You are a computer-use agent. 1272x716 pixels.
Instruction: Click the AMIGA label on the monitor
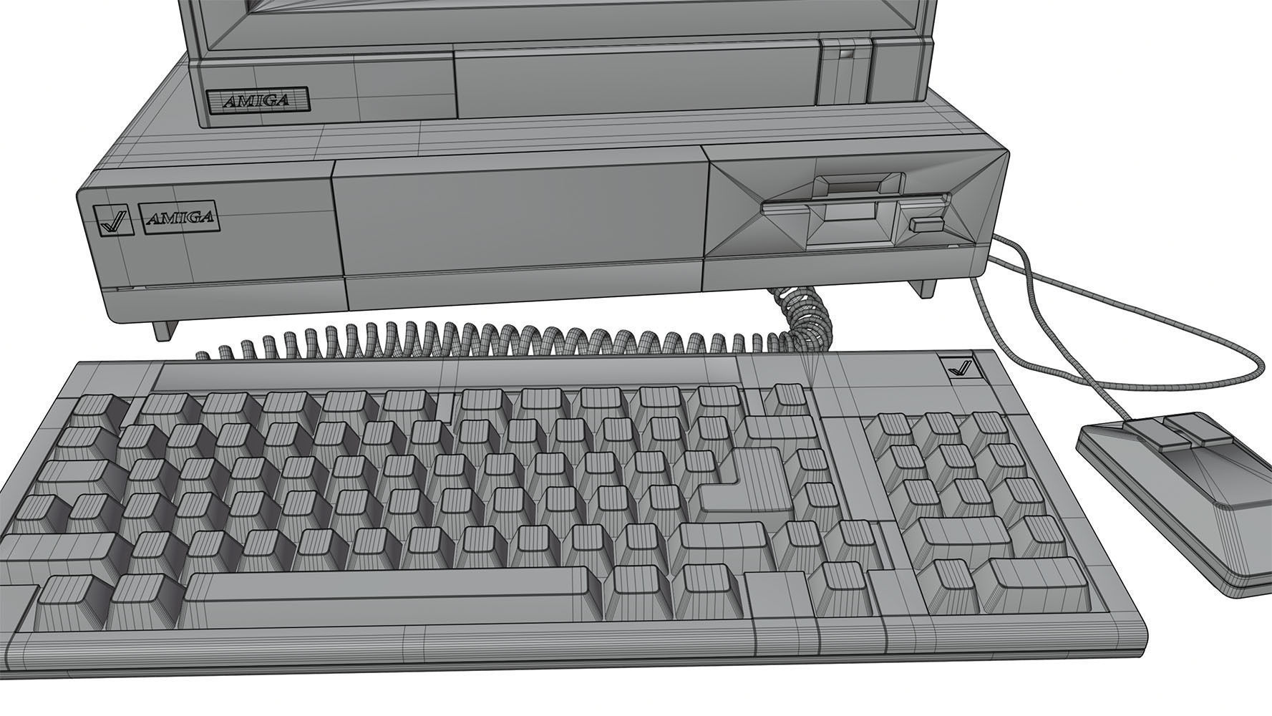coord(258,100)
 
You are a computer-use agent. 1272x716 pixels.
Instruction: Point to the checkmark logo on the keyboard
coord(958,369)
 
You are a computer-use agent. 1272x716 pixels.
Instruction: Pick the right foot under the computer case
coord(923,288)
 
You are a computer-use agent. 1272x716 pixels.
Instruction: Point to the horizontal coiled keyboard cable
coord(501,339)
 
